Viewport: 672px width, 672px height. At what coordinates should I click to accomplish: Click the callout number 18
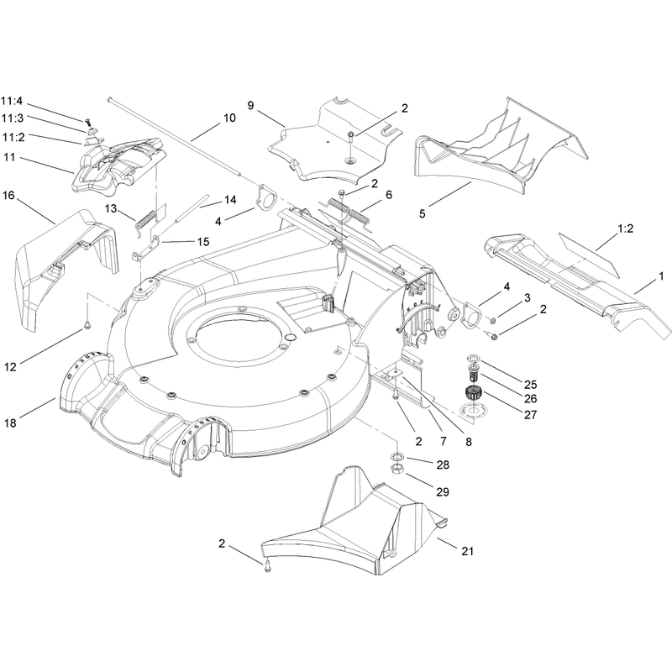point(10,423)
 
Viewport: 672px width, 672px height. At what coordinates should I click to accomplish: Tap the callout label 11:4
point(12,102)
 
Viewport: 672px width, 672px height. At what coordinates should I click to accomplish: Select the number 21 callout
point(468,551)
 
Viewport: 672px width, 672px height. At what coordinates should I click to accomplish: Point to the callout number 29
point(443,491)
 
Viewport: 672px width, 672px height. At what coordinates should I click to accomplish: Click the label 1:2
point(625,228)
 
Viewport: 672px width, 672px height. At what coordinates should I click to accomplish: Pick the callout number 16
point(8,196)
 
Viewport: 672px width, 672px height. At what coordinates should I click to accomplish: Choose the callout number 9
point(250,106)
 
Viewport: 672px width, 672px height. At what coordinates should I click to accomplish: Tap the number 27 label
point(531,414)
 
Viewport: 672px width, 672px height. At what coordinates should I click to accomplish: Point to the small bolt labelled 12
point(87,326)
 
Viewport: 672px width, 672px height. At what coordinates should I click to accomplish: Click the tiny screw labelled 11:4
point(89,122)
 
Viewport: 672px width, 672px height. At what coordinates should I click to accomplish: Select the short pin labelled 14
point(192,208)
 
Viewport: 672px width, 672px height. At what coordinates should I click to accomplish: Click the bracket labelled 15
point(145,249)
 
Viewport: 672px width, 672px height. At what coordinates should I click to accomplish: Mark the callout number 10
point(229,118)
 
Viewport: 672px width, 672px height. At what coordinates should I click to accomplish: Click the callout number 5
point(423,213)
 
